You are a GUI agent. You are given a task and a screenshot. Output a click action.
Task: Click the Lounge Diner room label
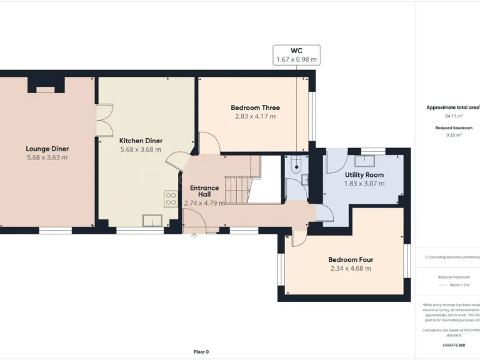(47, 149)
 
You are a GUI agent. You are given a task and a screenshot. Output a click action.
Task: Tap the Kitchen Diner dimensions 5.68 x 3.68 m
(141, 149)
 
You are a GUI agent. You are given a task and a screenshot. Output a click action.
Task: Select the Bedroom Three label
(255, 107)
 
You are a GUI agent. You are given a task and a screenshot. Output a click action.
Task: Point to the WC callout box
(296, 54)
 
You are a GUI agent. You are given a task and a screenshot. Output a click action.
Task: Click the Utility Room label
(364, 175)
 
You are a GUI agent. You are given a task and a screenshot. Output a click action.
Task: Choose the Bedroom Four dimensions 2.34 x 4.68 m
(351, 268)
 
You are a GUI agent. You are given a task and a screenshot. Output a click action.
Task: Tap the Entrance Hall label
(204, 191)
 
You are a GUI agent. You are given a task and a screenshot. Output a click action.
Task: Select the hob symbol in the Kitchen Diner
(171, 199)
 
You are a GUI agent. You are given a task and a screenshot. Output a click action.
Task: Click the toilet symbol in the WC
(296, 166)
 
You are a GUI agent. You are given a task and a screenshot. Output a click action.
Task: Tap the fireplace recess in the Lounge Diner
(46, 90)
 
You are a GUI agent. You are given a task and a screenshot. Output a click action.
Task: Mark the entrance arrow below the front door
(194, 236)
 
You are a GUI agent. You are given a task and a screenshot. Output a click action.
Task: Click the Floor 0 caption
(201, 351)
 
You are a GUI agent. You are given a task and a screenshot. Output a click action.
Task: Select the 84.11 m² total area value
(453, 116)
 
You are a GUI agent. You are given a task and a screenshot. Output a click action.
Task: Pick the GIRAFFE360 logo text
(453, 345)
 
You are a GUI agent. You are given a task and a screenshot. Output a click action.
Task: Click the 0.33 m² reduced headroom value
(454, 135)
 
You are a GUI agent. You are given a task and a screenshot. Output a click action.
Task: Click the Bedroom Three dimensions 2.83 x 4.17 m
(255, 116)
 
